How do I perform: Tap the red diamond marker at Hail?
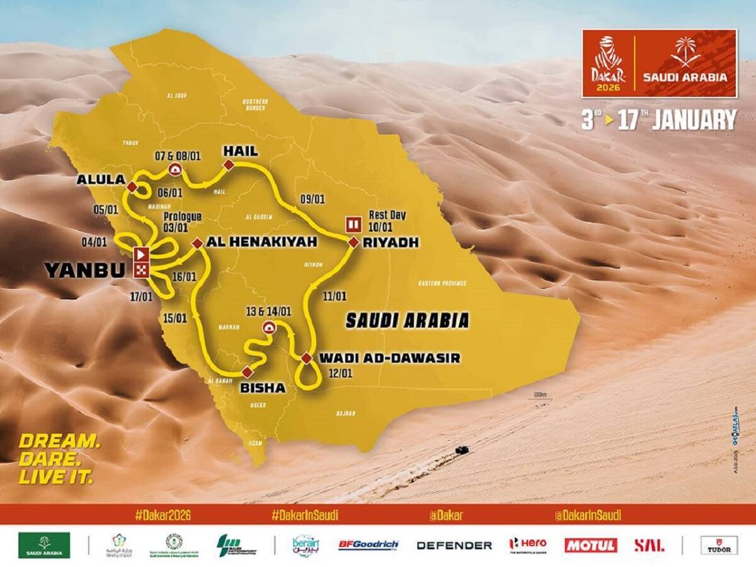[229, 164]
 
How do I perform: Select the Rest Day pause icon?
[353, 223]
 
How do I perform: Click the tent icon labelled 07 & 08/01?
[174, 169]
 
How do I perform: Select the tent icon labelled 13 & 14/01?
[268, 326]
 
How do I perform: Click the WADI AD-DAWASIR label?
[389, 358]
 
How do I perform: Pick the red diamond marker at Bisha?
[246, 370]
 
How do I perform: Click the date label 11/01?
[333, 295]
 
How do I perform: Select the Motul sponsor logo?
[590, 545]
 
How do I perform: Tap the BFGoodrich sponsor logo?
[369, 545]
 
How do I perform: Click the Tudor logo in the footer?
[719, 545]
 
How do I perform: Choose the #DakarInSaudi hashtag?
[305, 515]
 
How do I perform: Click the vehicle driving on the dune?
[461, 450]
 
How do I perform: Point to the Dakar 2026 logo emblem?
[607, 63]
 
